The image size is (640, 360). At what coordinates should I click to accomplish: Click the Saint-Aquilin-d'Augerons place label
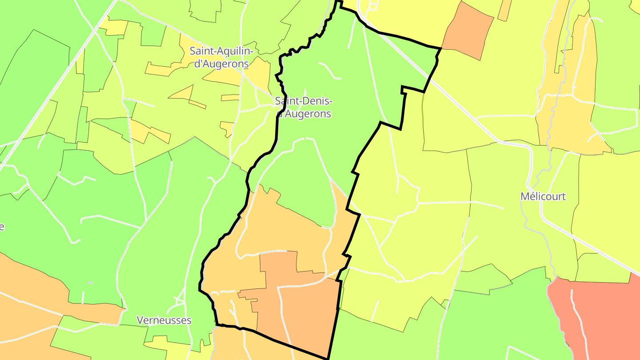tap(221, 57)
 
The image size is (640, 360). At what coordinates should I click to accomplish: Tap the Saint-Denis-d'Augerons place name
tap(304, 107)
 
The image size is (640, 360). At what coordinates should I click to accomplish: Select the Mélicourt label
tap(543, 196)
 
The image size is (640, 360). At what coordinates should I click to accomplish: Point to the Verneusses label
tap(164, 320)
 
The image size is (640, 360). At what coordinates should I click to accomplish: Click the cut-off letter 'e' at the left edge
tap(2, 227)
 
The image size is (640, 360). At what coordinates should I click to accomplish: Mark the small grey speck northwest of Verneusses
tap(90, 283)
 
